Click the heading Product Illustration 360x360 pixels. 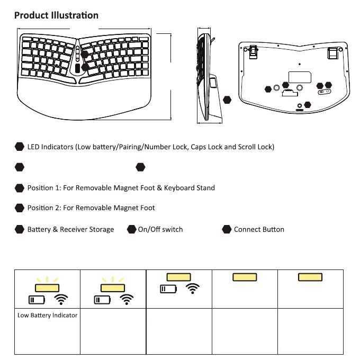(x=56, y=15)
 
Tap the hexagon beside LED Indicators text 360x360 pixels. (x=20, y=147)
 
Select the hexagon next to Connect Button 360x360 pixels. (x=227, y=229)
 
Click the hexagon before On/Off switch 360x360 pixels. (x=132, y=229)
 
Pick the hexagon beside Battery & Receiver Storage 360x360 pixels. (x=20, y=229)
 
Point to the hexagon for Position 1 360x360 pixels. (x=20, y=188)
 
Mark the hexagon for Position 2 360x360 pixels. (x=20, y=208)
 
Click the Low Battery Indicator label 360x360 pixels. (x=47, y=316)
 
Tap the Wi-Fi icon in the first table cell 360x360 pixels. (x=62, y=300)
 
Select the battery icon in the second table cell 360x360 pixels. (x=102, y=300)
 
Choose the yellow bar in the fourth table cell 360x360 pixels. (x=245, y=277)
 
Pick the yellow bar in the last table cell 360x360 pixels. (x=310, y=277)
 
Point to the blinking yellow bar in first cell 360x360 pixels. (x=47, y=287)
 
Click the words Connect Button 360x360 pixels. (x=259, y=229)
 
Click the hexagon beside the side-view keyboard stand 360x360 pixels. (x=228, y=100)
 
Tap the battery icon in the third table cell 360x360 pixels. (x=167, y=289)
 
